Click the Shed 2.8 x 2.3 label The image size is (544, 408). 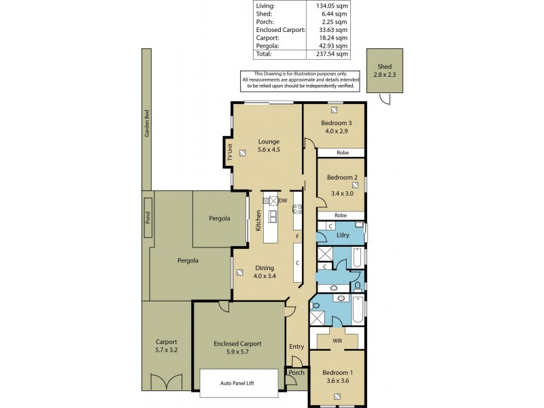click(x=386, y=70)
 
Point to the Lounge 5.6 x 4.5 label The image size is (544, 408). click(x=269, y=146)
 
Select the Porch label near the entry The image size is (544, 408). click(x=296, y=373)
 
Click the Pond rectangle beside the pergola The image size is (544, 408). click(x=148, y=218)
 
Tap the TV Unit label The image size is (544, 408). click(x=230, y=152)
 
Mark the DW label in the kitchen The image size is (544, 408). click(x=283, y=201)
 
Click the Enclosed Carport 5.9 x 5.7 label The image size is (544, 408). click(x=237, y=348)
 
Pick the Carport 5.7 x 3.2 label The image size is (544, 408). click(x=167, y=346)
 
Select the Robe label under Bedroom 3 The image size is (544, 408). click(x=342, y=153)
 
